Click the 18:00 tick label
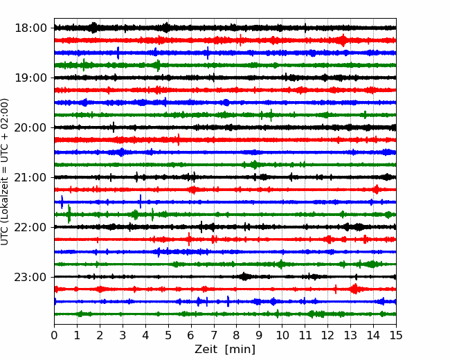point(30,28)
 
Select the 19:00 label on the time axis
point(30,78)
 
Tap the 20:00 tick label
point(30,127)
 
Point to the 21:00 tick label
point(30,177)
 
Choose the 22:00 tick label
point(30,227)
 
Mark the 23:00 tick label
point(30,277)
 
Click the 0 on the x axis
point(54,335)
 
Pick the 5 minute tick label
point(168,335)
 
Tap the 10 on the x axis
point(282,335)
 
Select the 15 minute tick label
point(396,335)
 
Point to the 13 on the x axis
point(350,335)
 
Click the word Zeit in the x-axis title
point(206,349)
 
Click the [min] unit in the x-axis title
point(240,350)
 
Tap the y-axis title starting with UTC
point(5,172)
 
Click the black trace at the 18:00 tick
point(225,28)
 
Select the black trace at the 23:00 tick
point(225,277)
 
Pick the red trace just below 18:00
point(225,40)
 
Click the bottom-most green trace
point(225,314)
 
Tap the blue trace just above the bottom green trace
point(225,301)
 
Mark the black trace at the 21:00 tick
point(225,177)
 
